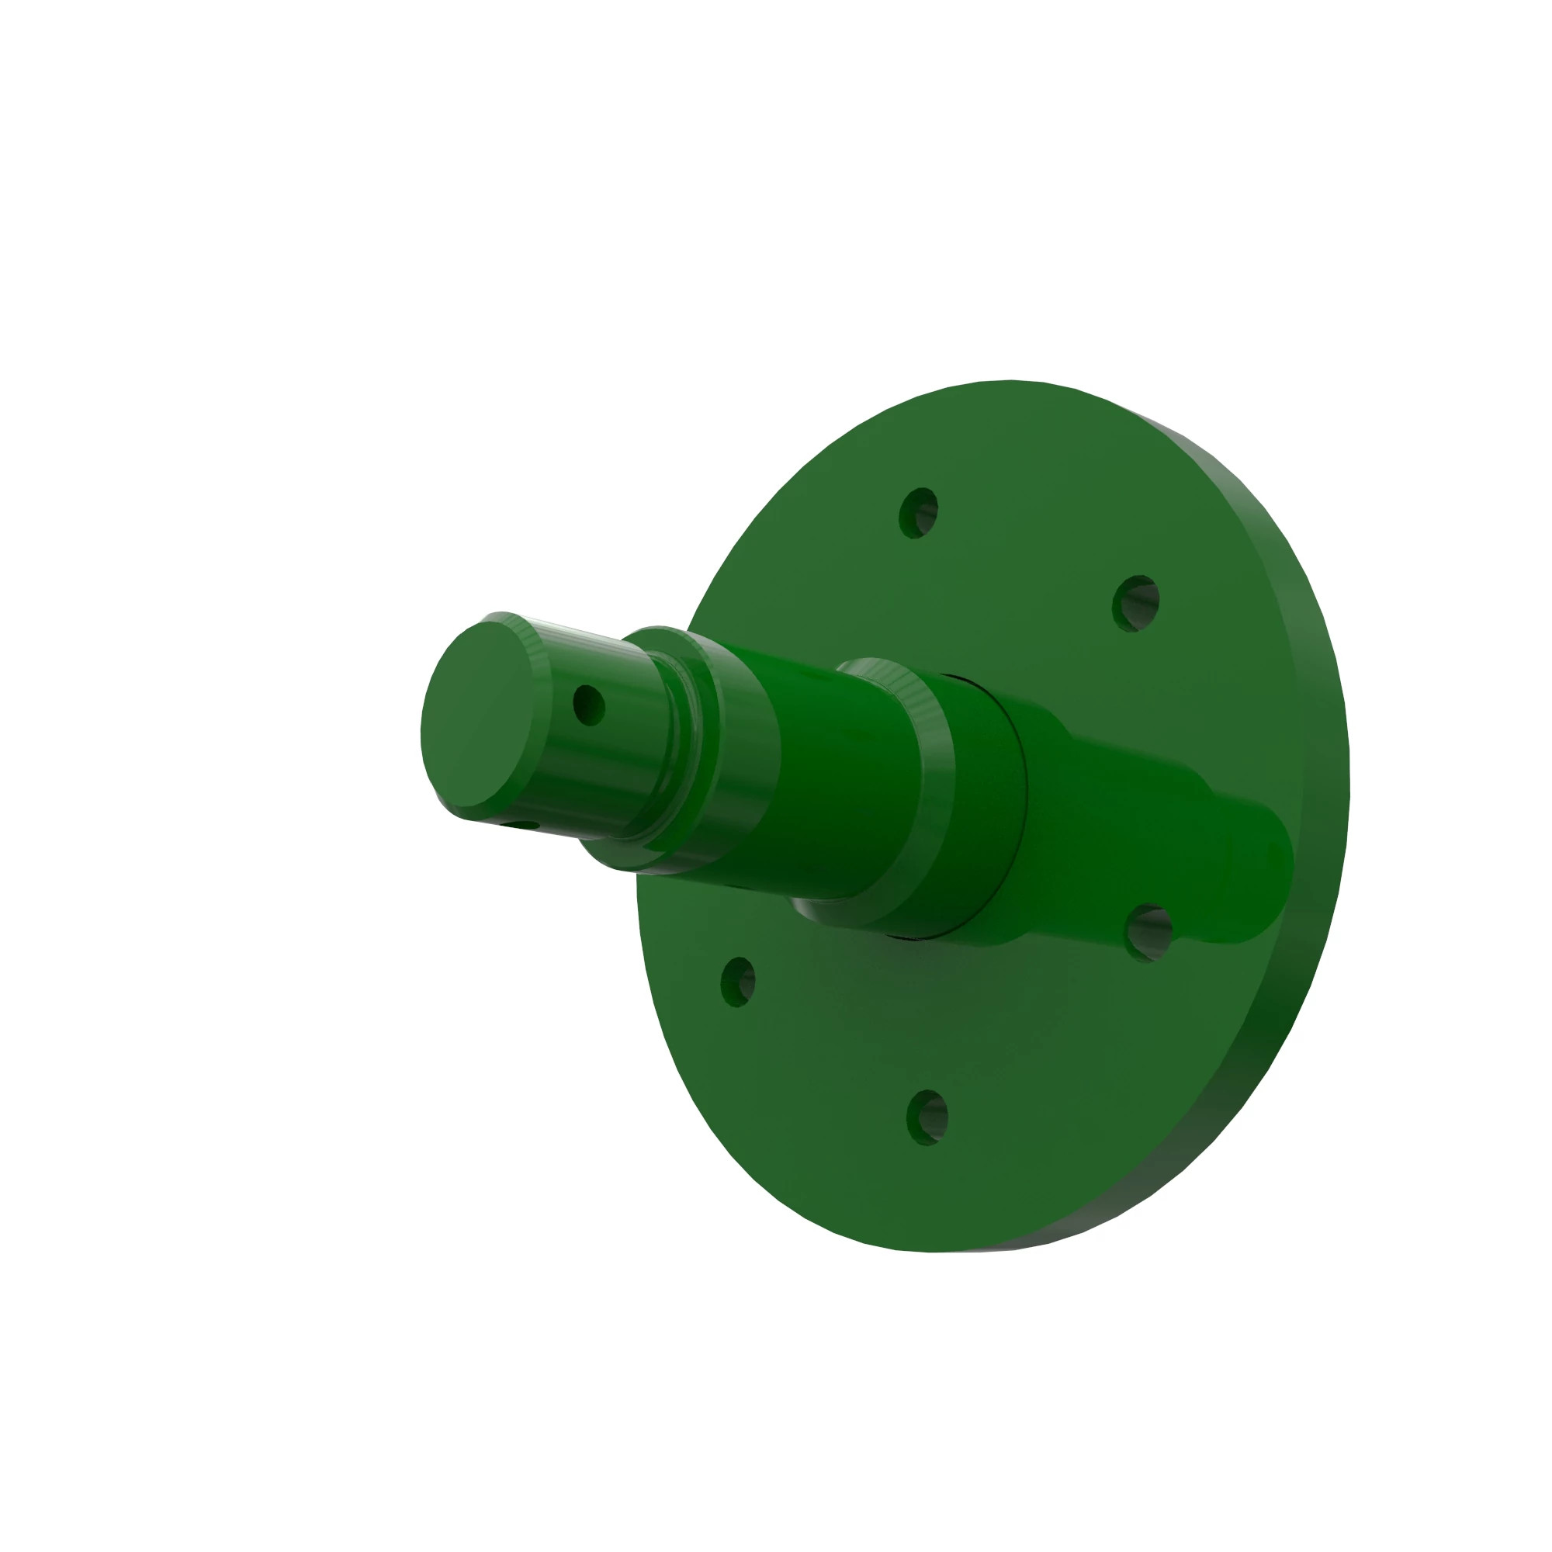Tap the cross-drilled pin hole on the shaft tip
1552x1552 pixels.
589,705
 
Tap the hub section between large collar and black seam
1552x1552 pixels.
984,803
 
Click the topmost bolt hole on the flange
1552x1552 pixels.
918,512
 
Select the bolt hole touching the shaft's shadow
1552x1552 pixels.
1148,932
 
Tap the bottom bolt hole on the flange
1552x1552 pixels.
928,1117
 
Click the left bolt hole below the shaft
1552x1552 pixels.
737,982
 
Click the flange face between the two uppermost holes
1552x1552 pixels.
1036,546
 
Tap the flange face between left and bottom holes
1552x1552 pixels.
819,1060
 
